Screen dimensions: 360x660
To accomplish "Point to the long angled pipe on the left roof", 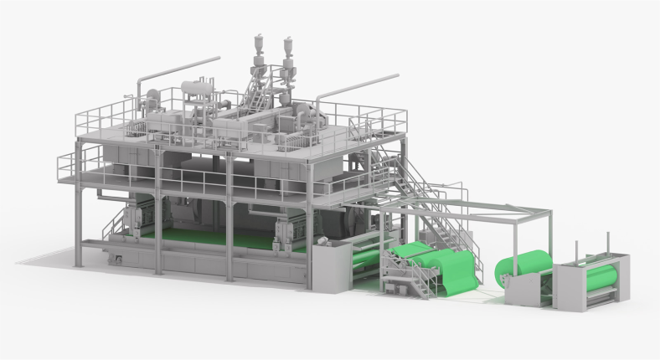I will [180, 70].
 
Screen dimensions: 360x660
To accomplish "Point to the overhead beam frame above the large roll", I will [503, 209].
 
